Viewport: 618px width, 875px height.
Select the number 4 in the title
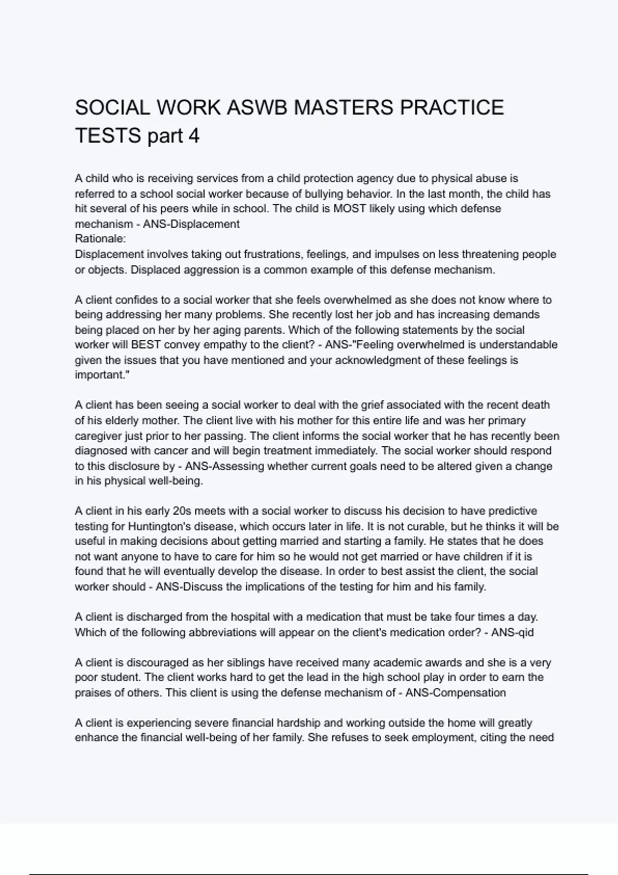194,136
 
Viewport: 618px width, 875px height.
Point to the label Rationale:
100,239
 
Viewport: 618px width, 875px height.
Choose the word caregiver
97,436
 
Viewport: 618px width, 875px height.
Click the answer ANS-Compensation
455,693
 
